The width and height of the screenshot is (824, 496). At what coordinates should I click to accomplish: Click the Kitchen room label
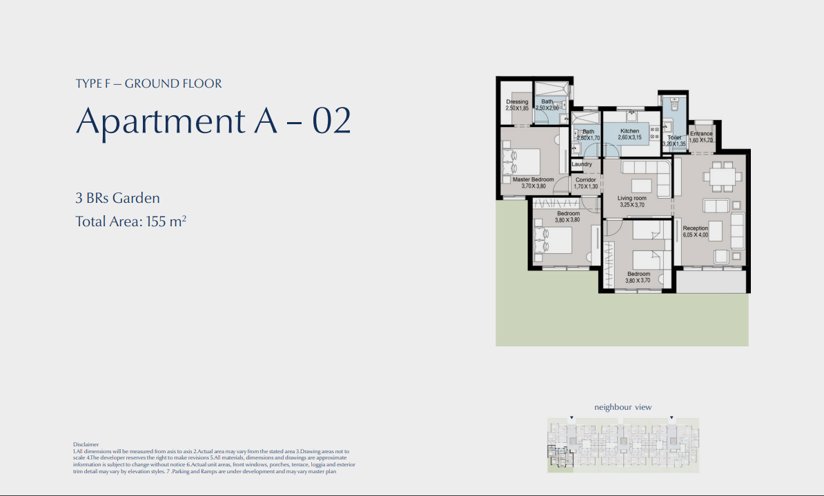click(x=629, y=131)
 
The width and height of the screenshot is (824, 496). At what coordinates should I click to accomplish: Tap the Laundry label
click(x=582, y=164)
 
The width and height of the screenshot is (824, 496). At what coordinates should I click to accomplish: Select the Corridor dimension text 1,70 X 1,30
click(x=585, y=187)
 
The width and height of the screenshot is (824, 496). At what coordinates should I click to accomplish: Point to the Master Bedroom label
click(x=533, y=179)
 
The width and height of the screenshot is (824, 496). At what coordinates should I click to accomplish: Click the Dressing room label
click(x=517, y=102)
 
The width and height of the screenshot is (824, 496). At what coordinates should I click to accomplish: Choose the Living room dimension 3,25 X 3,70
click(x=631, y=205)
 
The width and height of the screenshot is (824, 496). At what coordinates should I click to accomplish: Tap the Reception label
click(x=695, y=228)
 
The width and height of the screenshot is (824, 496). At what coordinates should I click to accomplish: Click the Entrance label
click(x=701, y=134)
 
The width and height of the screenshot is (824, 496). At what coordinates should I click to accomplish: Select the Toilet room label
click(x=674, y=138)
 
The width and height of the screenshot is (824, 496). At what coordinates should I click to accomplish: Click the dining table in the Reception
click(x=723, y=177)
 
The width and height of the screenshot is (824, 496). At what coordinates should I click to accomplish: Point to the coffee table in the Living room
click(x=641, y=185)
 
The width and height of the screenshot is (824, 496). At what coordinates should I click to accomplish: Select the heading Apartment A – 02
click(x=213, y=121)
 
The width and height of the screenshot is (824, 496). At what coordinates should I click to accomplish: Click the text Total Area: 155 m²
click(x=131, y=222)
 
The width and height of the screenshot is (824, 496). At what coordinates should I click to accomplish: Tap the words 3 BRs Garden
click(x=117, y=199)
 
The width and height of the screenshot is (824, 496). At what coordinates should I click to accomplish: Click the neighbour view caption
click(x=622, y=407)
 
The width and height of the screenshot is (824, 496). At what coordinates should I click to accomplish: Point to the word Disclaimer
click(x=86, y=445)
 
